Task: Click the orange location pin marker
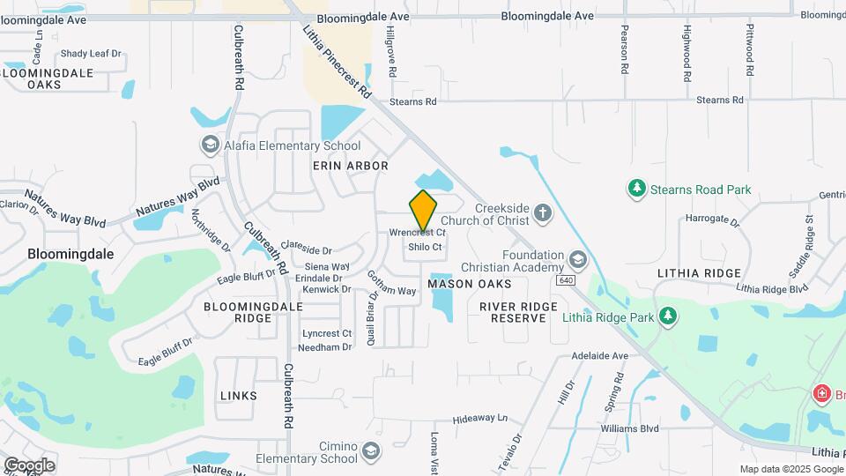(423, 211)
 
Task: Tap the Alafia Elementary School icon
(210, 145)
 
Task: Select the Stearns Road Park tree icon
(637, 189)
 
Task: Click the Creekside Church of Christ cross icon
(542, 212)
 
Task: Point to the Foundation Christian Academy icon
(577, 260)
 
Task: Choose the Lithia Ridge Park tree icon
(669, 316)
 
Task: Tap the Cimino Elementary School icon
(371, 452)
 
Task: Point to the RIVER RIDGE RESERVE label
(518, 311)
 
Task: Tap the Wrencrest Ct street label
(418, 233)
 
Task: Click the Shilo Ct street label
(425, 248)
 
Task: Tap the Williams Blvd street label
(629, 429)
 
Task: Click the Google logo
(29, 465)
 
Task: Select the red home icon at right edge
(821, 393)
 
